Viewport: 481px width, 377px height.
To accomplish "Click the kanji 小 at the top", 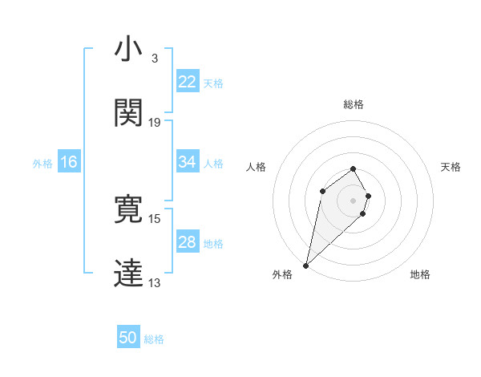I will click(128, 50).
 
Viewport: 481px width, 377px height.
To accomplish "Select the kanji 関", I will click(128, 112).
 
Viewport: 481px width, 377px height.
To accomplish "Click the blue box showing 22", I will click(188, 82).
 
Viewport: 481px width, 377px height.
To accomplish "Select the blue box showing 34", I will click(188, 162).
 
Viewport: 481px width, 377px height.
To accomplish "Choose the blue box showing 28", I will click(188, 242).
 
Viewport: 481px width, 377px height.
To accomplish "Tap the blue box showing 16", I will click(69, 162).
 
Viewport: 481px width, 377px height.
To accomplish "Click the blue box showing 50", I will click(128, 338).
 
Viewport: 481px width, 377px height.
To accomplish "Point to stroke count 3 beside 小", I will click(154, 59).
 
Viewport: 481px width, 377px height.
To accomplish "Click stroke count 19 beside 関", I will click(155, 122).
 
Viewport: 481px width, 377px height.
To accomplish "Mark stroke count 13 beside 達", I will click(155, 282).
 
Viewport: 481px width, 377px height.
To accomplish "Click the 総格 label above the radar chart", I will click(354, 104).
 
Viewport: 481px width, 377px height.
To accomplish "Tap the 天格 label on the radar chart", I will click(451, 167).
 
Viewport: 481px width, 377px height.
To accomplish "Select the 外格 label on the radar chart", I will click(282, 274).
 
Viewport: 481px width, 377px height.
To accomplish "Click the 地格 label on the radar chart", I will click(420, 274).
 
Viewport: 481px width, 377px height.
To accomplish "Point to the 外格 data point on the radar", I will click(305, 266).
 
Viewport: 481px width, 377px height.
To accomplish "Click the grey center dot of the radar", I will click(354, 201).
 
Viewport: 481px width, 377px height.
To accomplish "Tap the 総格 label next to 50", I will click(154, 338).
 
